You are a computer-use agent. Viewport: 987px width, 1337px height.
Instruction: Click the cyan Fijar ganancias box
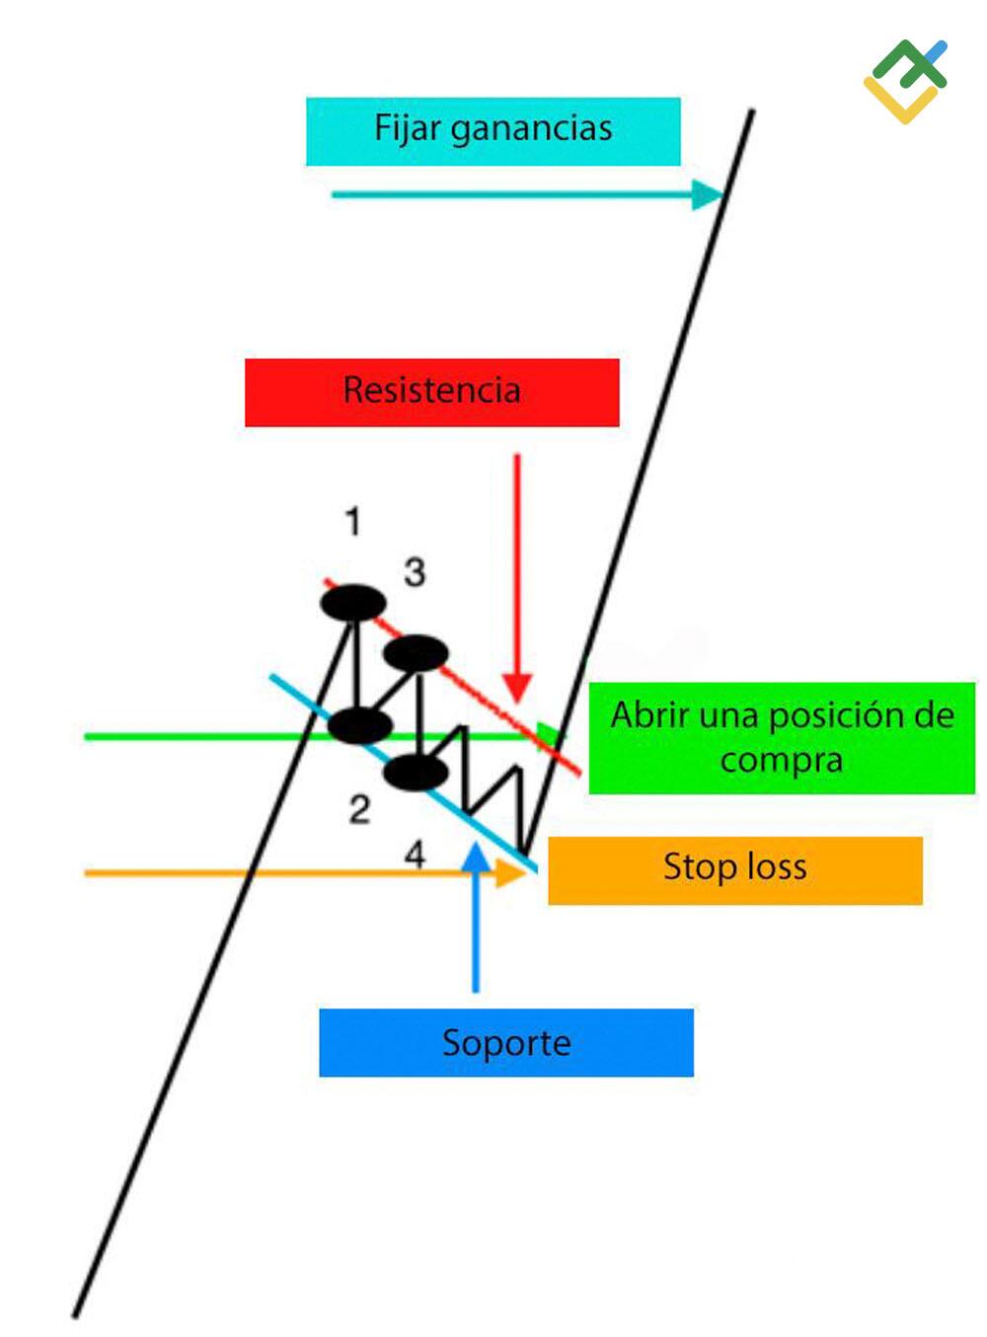pyautogui.click(x=493, y=131)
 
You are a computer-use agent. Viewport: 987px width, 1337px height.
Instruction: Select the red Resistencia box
pyautogui.click(x=431, y=393)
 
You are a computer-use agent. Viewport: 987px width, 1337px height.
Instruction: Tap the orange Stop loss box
pyautogui.click(x=735, y=870)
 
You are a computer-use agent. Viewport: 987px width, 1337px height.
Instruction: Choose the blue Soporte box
pyautogui.click(x=506, y=1043)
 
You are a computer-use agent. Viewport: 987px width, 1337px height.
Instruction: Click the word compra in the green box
pyautogui.click(x=782, y=761)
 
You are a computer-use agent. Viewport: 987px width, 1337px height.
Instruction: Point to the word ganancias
pyautogui.click(x=532, y=129)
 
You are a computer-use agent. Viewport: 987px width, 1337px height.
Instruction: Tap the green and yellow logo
pyautogui.click(x=905, y=81)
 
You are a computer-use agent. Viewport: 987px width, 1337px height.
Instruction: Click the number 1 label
pyautogui.click(x=353, y=521)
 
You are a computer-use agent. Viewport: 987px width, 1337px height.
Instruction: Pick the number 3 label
pyautogui.click(x=415, y=572)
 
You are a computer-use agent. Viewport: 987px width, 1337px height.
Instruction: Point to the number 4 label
pyautogui.click(x=415, y=854)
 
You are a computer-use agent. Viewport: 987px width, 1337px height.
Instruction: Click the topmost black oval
pyautogui.click(x=352, y=602)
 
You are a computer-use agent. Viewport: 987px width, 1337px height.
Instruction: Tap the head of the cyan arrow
pyautogui.click(x=708, y=194)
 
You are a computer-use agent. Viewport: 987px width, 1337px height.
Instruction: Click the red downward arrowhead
pyautogui.click(x=517, y=688)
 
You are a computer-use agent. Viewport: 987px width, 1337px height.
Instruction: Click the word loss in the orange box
pyautogui.click(x=777, y=866)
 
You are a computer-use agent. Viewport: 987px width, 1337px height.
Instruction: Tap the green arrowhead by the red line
pyautogui.click(x=550, y=733)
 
